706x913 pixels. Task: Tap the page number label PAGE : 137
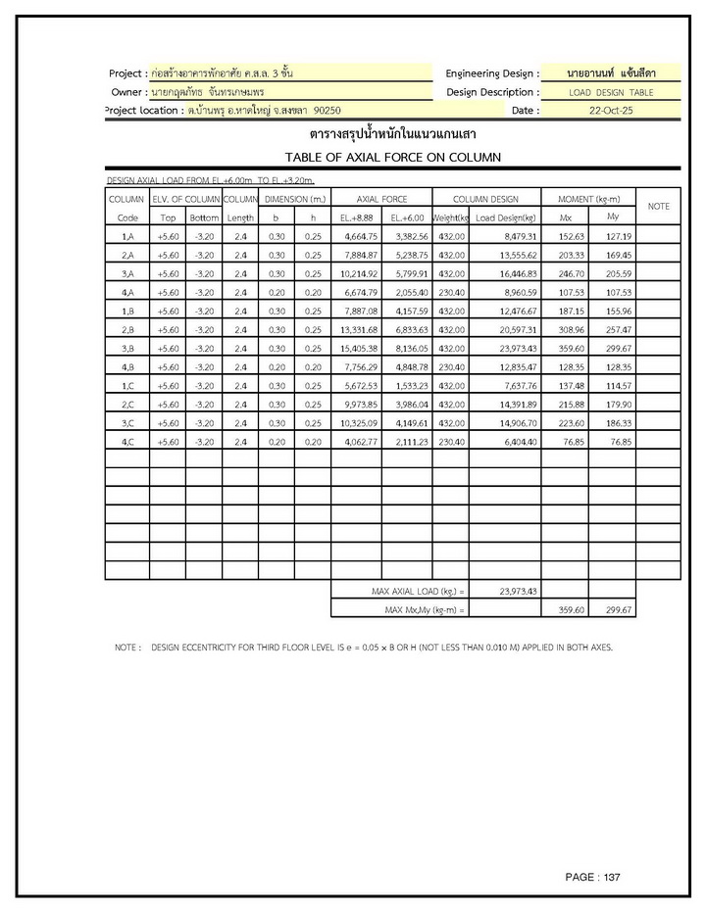[x=592, y=877]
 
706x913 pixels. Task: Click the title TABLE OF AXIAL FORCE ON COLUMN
[x=392, y=157]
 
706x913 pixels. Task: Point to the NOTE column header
[x=658, y=207]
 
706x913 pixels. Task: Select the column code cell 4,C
[x=127, y=441]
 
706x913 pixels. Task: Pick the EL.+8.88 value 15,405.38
[x=358, y=348]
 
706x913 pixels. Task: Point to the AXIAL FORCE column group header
[x=381, y=199]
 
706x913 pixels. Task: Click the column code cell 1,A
[x=127, y=236]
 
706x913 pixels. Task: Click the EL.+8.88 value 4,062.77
[x=358, y=441]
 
